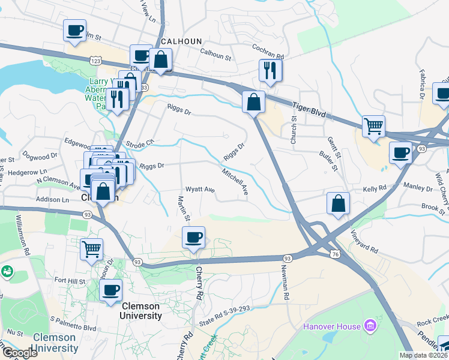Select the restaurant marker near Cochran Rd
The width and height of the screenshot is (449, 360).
(x=271, y=70)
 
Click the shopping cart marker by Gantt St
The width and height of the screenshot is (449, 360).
(x=373, y=127)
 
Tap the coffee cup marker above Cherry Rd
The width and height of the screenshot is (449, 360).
(x=193, y=237)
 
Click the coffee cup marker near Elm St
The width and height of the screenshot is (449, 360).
(x=75, y=30)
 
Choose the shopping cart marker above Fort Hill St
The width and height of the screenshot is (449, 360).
(x=91, y=249)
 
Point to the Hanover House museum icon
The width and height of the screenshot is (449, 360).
(x=370, y=326)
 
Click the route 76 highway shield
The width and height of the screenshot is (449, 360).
(x=335, y=254)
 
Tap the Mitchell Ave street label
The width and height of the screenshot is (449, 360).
(x=235, y=181)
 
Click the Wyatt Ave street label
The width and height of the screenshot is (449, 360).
(x=200, y=190)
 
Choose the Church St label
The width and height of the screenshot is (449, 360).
(x=294, y=128)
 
